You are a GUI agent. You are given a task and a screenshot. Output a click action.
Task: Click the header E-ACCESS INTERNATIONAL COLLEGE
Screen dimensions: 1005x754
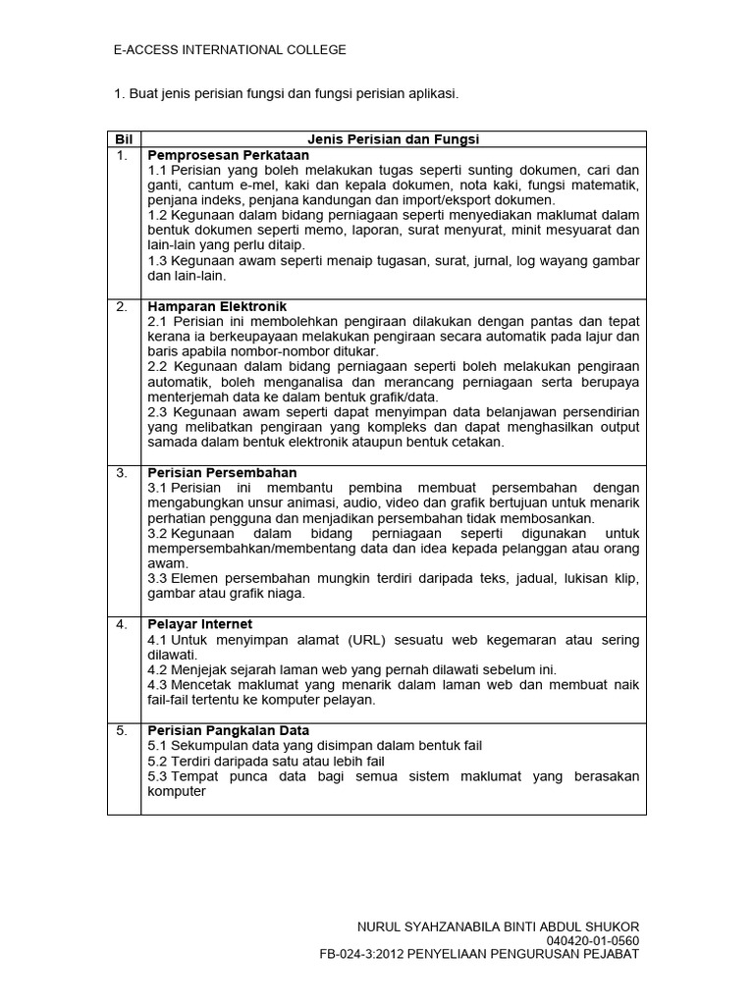coord(231,50)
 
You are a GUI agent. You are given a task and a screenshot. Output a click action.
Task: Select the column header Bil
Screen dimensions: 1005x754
coord(123,139)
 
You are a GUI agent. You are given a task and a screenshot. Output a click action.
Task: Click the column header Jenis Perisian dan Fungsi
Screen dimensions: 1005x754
coord(394,139)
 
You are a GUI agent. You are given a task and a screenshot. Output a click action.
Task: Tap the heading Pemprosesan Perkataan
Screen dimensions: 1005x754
coord(228,155)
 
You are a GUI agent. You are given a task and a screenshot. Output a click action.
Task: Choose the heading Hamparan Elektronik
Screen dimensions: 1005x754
coord(217,306)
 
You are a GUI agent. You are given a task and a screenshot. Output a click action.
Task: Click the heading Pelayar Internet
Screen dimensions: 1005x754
coord(199,624)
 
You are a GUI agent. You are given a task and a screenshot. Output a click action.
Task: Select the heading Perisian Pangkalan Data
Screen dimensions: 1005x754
coord(228,730)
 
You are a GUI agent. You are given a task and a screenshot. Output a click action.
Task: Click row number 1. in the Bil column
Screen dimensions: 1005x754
coord(122,155)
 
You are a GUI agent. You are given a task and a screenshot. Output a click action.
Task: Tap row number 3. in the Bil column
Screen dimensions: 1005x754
coord(122,472)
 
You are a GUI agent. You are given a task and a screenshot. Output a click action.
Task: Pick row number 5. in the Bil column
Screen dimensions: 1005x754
coord(122,730)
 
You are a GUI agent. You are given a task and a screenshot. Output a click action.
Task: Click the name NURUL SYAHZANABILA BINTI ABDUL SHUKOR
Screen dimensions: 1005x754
coord(498,926)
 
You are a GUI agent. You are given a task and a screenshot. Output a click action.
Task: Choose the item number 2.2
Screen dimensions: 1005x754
coord(158,367)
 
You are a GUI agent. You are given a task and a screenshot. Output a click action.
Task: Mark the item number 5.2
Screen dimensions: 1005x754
coord(158,761)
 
